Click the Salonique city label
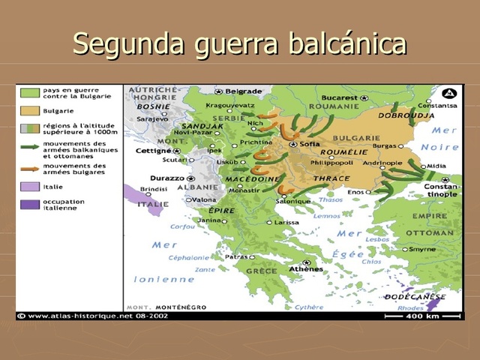coord(292,201)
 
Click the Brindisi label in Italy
coord(154,190)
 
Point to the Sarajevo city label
coord(152,118)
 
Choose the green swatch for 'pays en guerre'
coord(29,93)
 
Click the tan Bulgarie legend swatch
coord(29,111)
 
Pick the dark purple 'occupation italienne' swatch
coord(29,204)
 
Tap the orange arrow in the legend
coord(29,169)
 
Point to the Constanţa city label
coord(442,105)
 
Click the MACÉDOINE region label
coord(254,178)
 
